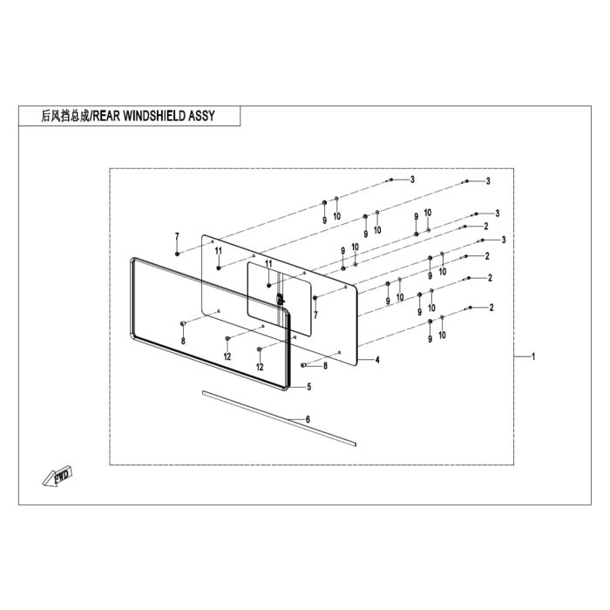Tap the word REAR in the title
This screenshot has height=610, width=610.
coord(106,116)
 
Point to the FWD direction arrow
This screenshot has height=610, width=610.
coord(58,476)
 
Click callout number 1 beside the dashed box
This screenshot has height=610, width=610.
coord(533,356)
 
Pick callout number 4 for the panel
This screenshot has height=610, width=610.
coord(377,360)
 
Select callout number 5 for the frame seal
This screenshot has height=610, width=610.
coord(308,387)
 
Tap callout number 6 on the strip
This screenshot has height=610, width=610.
coord(308,419)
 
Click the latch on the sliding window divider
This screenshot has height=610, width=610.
coord(280,300)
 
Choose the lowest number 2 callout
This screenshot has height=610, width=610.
coord(491,308)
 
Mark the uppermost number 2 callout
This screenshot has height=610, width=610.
coord(486,226)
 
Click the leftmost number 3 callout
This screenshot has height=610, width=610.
coord(412,180)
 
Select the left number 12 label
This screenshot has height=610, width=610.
coord(227,356)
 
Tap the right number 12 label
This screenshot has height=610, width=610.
coord(260,367)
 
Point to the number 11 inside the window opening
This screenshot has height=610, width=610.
coord(268,264)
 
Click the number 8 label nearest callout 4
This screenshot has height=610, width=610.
coord(325,366)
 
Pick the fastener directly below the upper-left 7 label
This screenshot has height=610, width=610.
coord(178,254)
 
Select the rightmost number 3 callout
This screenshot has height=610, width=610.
coord(504,240)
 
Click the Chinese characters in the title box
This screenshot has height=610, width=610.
coord(65,116)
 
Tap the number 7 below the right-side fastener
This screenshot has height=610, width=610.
coord(315,315)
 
